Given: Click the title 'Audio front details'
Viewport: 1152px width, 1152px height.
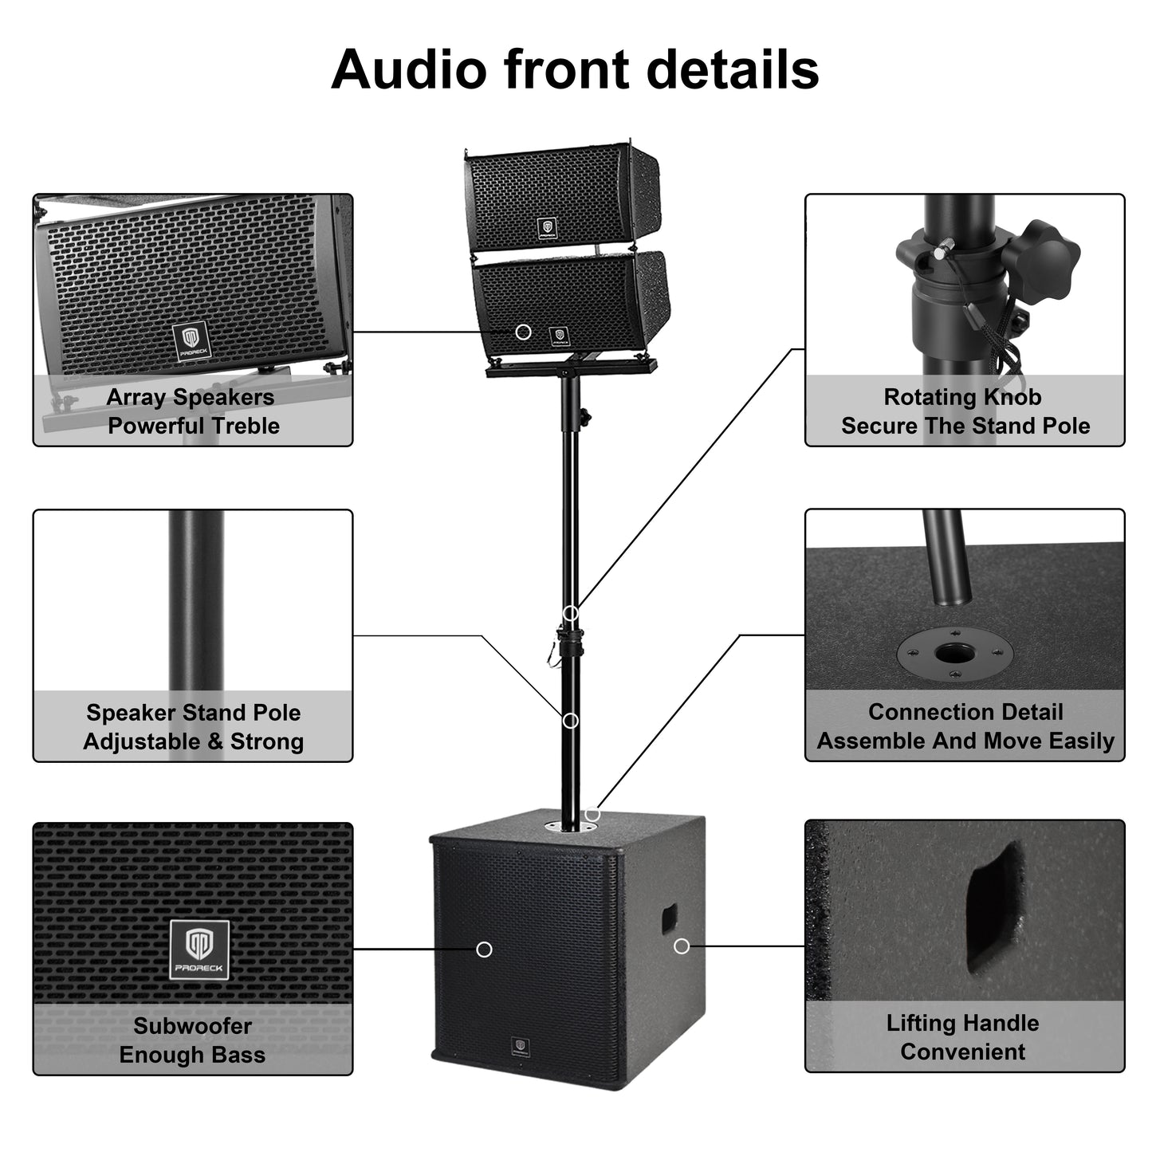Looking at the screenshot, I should click(575, 69).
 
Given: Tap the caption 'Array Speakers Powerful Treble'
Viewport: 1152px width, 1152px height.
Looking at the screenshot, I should click(192, 411).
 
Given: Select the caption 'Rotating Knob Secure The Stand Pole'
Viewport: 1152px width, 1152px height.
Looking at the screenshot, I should click(965, 411).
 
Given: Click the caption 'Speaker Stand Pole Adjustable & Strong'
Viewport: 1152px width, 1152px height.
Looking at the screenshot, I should click(193, 727).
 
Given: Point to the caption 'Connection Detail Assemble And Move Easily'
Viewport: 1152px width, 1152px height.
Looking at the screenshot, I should click(965, 726).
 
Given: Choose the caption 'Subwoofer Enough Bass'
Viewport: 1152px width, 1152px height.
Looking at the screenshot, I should click(192, 1040).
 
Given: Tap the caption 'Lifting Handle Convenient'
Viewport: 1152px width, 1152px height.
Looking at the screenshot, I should click(963, 1037).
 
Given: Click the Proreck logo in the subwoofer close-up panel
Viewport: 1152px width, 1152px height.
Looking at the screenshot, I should click(199, 950).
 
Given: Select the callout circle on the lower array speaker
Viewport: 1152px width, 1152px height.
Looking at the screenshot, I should click(523, 332).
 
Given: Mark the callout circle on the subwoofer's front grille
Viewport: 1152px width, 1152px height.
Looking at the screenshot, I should click(484, 950).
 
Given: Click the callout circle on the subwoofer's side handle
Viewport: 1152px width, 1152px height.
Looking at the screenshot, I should click(681, 946).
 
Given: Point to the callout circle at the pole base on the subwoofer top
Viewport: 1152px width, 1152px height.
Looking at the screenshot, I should click(592, 814).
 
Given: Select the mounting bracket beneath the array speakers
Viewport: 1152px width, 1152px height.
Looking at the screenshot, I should click(571, 368).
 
